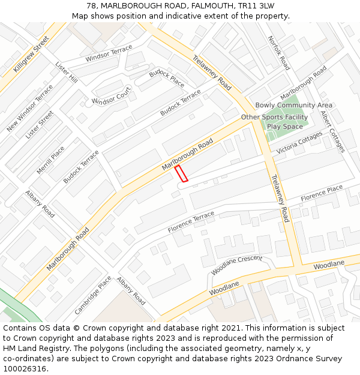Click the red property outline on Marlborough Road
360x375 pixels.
click(181, 173)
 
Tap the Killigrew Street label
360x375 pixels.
click(32, 55)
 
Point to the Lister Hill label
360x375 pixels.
click(67, 71)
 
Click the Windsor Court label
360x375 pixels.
click(111, 95)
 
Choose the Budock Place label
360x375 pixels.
click(167, 78)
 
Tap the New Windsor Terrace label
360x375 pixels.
click(30, 109)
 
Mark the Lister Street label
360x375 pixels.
click(40, 125)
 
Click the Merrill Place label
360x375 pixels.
click(50, 160)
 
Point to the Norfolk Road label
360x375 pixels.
click(279, 53)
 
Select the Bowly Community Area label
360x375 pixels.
click(294, 106)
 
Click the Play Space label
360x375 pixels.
click(284, 127)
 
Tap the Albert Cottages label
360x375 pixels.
click(332, 131)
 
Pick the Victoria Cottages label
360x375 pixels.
click(299, 143)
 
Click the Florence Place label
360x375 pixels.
click(322, 193)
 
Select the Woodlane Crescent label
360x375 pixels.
click(236, 265)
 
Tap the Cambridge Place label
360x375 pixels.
click(93, 295)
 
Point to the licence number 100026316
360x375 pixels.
click(25, 368)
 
